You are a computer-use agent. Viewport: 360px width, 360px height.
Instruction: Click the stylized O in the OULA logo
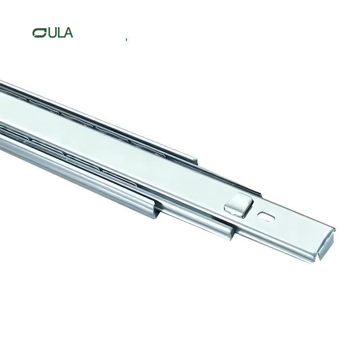click(x=39, y=33)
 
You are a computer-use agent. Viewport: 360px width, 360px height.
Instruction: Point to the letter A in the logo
click(x=67, y=33)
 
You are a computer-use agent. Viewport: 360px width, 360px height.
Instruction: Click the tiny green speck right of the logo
click(x=127, y=39)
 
